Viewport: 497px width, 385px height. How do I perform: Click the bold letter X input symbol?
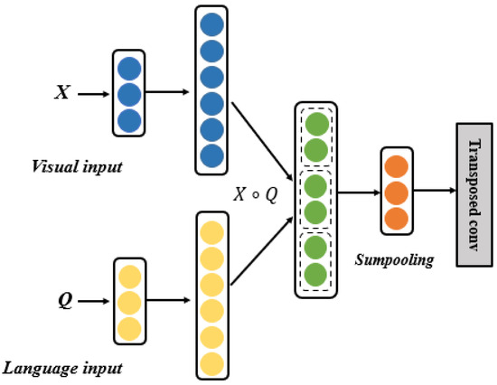pyautogui.click(x=61, y=92)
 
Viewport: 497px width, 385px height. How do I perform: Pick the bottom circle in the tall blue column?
pyautogui.click(x=211, y=155)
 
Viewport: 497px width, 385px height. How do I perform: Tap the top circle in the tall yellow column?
pyautogui.click(x=211, y=232)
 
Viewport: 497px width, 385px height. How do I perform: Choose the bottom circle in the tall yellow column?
pyautogui.click(x=211, y=363)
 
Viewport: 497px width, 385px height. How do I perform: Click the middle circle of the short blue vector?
pyautogui.click(x=130, y=93)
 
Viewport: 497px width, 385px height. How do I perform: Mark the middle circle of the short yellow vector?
pyautogui.click(x=130, y=301)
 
